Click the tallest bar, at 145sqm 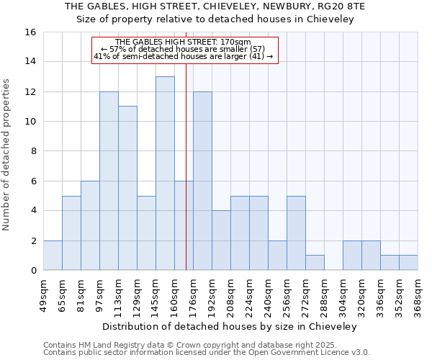coord(165,173)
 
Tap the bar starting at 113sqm coord(127,188)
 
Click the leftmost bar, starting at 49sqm coord(53,256)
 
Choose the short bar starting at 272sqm coord(315,263)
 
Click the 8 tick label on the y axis coord(32,151)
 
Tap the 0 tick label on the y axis coord(32,271)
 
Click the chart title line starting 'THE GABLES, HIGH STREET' coord(216,6)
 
